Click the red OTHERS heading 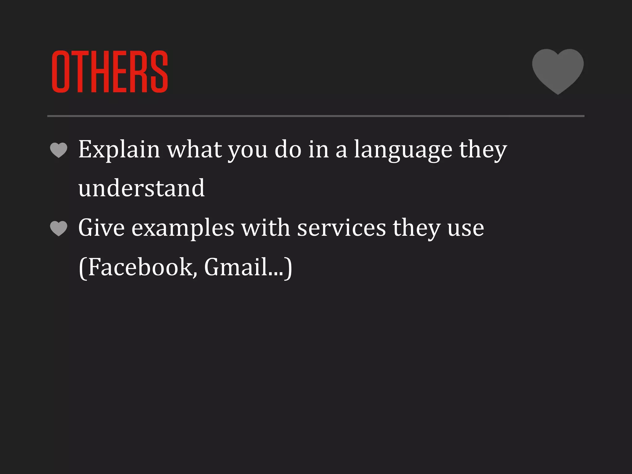pos(110,72)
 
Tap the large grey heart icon pos(558,70)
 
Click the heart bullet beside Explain pos(59,150)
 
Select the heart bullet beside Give pos(59,228)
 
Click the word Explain pos(119,150)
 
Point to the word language pos(403,150)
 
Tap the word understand pos(141,188)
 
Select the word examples pos(183,228)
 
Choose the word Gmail pos(235,267)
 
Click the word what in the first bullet pos(194,149)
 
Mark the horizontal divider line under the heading pos(316,116)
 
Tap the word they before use pos(416,228)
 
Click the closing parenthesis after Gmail pos(288,268)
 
